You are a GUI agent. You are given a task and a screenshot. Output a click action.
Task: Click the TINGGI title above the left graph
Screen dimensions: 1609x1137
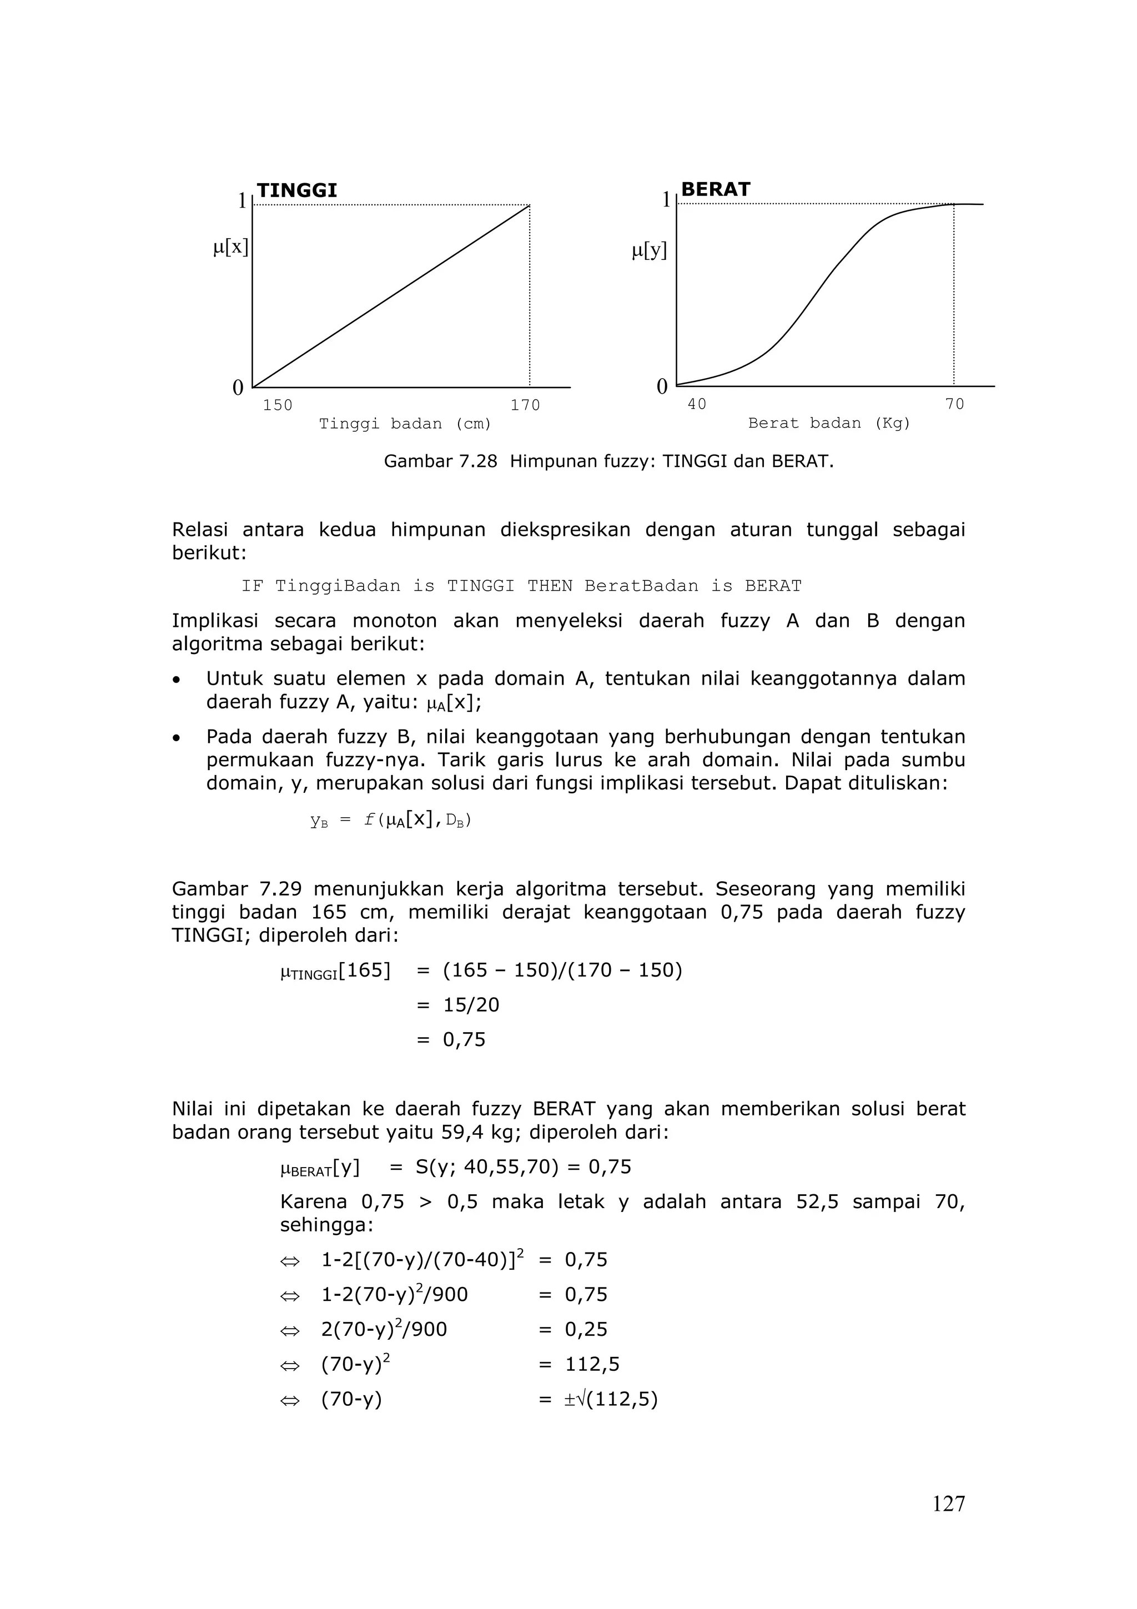click(x=296, y=190)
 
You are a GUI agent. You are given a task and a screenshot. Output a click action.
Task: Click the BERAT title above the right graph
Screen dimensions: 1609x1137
click(x=715, y=189)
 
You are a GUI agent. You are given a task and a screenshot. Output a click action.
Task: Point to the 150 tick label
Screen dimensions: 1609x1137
click(x=278, y=405)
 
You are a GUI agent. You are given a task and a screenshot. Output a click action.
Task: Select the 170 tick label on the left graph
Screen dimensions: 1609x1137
click(x=525, y=405)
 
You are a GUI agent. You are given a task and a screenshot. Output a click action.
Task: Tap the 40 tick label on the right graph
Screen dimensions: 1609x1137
click(x=696, y=404)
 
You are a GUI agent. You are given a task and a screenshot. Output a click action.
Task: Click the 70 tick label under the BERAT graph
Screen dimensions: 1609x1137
click(x=954, y=404)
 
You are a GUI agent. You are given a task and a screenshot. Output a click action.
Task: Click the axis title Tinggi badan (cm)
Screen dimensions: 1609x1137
click(x=405, y=424)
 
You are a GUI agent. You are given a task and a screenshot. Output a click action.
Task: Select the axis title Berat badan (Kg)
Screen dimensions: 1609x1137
click(x=829, y=423)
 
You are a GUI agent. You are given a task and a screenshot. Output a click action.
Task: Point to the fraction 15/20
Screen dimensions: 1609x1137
click(x=471, y=1005)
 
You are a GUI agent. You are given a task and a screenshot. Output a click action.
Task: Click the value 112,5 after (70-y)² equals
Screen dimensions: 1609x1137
click(x=592, y=1364)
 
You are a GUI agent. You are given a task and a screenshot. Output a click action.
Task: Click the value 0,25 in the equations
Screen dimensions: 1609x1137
click(x=586, y=1329)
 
